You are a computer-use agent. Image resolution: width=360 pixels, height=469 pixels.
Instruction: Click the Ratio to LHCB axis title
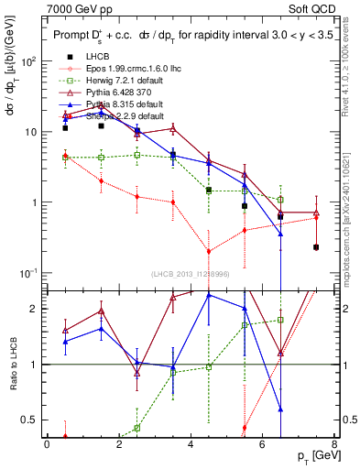coord(13,364)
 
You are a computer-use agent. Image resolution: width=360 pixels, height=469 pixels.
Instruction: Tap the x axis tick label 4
coord(190,444)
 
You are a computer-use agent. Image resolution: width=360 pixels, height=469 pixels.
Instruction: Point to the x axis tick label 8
coord(333,444)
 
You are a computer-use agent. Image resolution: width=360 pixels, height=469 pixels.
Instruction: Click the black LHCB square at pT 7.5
coord(316,247)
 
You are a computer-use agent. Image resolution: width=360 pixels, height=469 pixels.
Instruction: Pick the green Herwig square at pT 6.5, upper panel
coord(280,200)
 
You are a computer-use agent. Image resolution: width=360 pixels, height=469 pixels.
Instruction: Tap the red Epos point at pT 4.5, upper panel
coord(209,251)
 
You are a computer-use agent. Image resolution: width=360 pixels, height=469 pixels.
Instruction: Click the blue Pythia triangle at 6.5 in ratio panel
coord(280,409)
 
